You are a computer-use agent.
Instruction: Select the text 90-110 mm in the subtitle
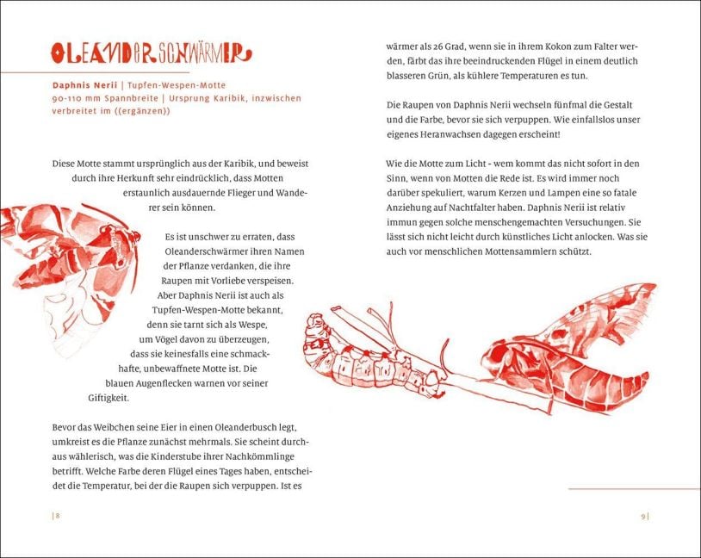click(74, 99)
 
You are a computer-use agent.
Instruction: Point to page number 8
click(57, 516)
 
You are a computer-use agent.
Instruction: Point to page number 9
click(643, 516)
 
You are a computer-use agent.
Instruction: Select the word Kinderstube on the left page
click(198, 456)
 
